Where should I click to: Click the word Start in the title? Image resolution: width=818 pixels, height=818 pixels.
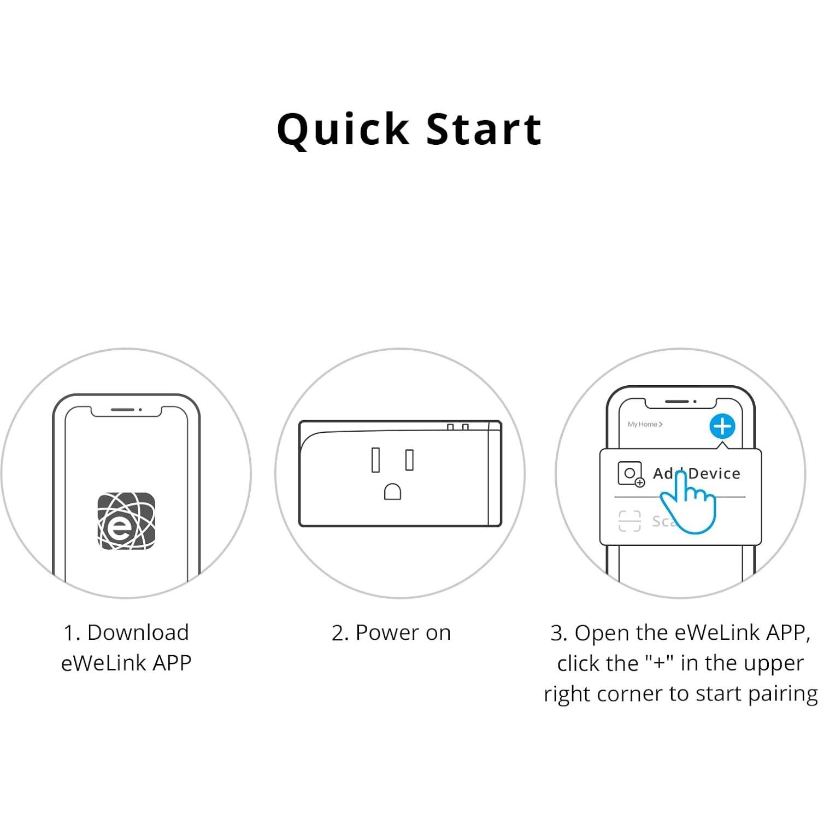[x=484, y=130]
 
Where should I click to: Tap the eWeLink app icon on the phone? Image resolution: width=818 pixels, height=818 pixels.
[x=126, y=521]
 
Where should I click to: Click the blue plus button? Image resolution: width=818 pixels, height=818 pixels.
[x=722, y=426]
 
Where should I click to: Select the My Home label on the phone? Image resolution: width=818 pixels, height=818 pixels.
[x=644, y=424]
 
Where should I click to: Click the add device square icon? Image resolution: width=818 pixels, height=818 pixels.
[x=630, y=474]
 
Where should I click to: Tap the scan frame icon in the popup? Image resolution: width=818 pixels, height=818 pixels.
[x=629, y=521]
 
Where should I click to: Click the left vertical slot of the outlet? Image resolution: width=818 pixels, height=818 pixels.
[x=375, y=460]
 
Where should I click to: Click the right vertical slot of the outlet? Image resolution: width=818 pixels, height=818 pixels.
[x=409, y=460]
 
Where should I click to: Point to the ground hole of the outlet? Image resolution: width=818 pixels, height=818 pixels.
[x=392, y=492]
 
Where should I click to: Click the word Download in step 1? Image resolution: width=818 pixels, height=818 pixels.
[x=138, y=633]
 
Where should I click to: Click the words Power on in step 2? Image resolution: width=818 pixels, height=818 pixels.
[x=403, y=633]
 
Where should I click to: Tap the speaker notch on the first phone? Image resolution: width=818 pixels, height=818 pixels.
[x=123, y=409]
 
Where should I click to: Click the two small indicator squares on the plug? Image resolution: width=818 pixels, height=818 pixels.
[x=457, y=427]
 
